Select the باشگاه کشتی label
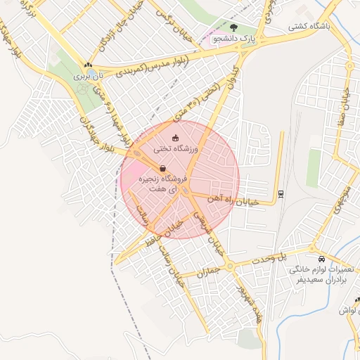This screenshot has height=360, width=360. click(x=309, y=27)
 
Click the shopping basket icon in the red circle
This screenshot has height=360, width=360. click(x=163, y=169)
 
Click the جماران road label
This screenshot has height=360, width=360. click(x=208, y=272)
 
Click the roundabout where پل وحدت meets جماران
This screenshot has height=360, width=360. click(x=229, y=266)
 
